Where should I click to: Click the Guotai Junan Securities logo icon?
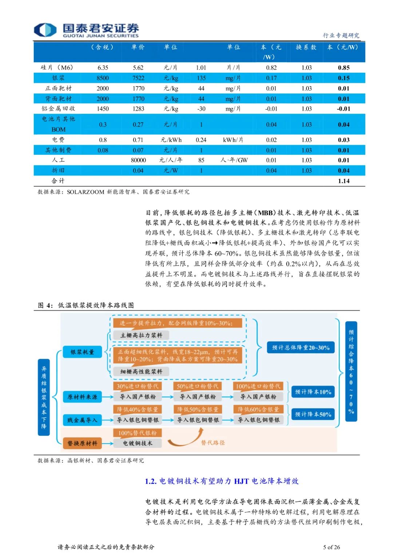click(x=45, y=30)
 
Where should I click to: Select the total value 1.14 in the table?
click(x=344, y=181)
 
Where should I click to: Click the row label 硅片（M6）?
click(x=57, y=68)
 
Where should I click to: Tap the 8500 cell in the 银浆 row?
click(x=103, y=78)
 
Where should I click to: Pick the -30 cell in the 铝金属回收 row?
click(x=201, y=109)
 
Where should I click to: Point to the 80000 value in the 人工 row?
click(x=138, y=160)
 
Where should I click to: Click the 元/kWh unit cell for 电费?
click(x=171, y=140)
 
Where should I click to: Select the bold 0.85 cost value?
click(x=344, y=68)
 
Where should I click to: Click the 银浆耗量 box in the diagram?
click(x=82, y=352)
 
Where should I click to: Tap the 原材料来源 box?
click(x=82, y=397)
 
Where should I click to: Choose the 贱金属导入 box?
click(x=82, y=420)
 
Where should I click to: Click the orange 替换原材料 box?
click(x=82, y=443)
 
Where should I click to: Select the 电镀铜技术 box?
click(x=138, y=443)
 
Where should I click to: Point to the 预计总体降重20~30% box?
click(x=301, y=347)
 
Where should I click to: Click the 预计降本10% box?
click(x=313, y=392)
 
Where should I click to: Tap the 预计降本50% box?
click(x=313, y=414)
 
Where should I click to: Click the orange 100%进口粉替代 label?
click(x=258, y=386)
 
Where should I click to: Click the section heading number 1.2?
click(x=151, y=481)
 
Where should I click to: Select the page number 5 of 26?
click(x=331, y=547)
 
